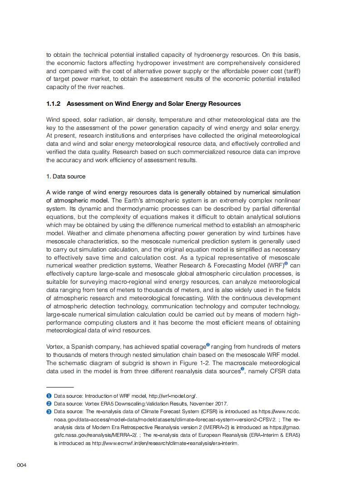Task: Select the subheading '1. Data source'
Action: tap(66, 176)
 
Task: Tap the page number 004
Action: tap(21, 465)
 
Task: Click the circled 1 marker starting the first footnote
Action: tap(49, 396)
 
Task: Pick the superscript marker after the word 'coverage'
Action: tap(208, 346)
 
